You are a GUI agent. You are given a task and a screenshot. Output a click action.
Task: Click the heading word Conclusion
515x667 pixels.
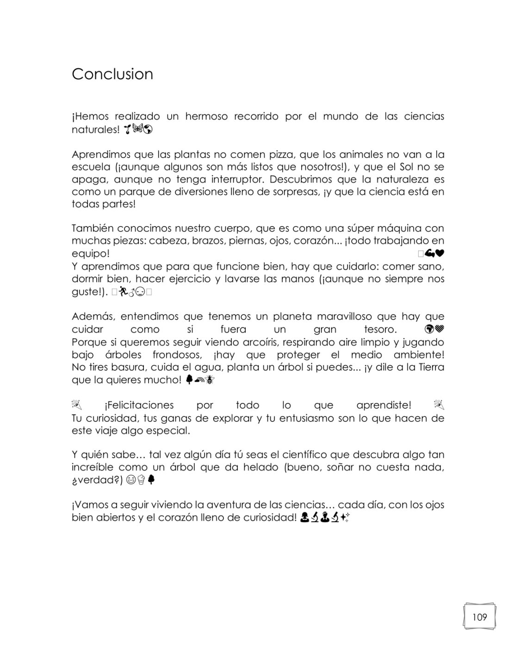(x=112, y=74)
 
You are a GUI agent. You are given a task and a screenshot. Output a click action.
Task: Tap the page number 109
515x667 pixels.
(x=479, y=617)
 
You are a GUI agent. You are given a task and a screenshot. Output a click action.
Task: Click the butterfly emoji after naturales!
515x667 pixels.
(x=137, y=129)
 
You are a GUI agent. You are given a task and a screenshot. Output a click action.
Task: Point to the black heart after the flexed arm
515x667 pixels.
(x=440, y=253)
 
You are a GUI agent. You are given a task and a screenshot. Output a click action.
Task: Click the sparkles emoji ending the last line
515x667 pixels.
(x=345, y=518)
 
